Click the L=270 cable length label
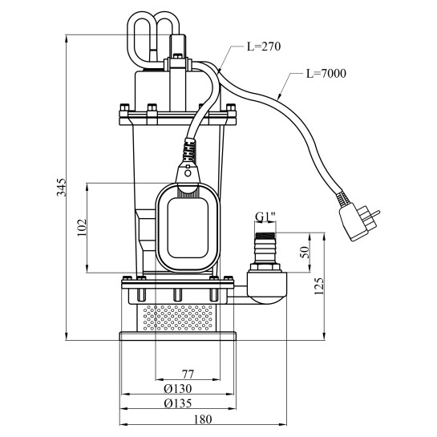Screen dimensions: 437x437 (x=264, y=47)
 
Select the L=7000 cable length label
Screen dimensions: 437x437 (x=326, y=74)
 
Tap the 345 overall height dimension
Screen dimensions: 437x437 (x=62, y=188)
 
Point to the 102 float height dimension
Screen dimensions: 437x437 (x=83, y=228)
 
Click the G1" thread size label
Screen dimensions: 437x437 (x=265, y=216)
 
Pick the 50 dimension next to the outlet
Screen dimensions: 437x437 (x=305, y=253)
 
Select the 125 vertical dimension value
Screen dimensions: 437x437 (x=319, y=286)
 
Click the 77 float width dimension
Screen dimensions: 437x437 (x=188, y=374)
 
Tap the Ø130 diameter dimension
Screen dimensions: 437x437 (x=178, y=389)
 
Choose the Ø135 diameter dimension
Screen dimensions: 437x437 (x=178, y=403)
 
